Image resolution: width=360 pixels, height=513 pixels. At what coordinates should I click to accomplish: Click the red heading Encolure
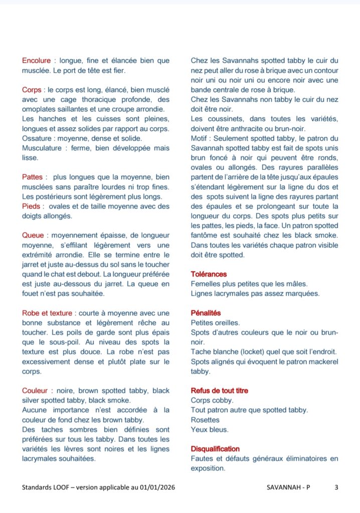coord(37,61)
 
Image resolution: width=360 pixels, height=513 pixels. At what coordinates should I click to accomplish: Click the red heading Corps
coord(31,90)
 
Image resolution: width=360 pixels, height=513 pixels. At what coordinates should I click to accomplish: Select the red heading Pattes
coord(33,177)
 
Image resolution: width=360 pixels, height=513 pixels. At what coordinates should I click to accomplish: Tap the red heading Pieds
coord(31,206)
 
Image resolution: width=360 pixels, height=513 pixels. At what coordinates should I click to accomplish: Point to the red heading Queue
coord(33,235)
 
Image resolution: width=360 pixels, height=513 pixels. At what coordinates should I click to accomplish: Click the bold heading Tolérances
coord(209,274)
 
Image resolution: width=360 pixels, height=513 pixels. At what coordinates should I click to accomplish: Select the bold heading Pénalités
coord(206,313)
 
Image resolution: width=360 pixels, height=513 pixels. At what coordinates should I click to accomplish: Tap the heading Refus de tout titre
coord(219,390)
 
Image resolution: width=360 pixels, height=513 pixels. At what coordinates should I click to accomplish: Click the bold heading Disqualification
coord(215,449)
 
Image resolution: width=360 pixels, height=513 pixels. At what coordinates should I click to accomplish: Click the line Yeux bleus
coord(210,429)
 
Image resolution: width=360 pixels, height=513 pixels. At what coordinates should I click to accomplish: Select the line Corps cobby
coord(212,400)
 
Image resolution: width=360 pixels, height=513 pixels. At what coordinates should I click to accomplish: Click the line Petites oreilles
coord(215,323)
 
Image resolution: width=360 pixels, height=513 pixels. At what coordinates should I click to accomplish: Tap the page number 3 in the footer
coord(336,487)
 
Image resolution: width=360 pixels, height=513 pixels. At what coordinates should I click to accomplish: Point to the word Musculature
coord(43,148)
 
